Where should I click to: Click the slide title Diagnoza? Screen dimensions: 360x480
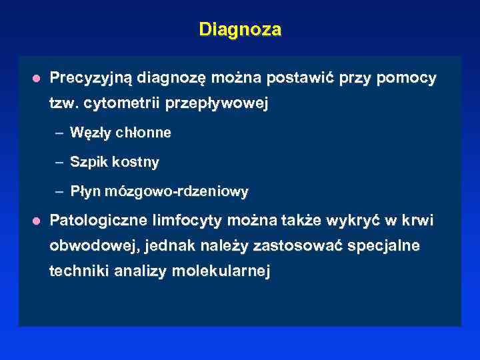(240, 30)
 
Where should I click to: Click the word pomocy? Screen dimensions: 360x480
(406, 79)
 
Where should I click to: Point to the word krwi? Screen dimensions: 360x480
(419, 220)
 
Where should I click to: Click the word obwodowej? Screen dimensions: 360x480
(91, 246)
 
